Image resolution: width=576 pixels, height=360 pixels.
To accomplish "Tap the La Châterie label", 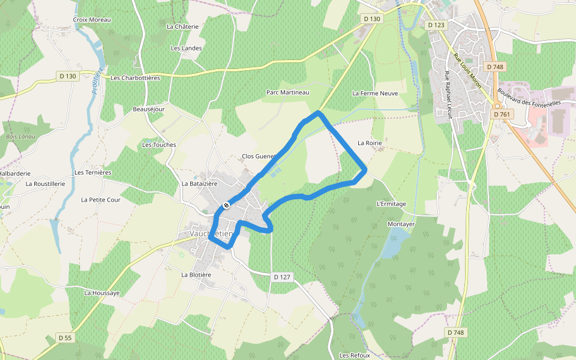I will click(182, 26).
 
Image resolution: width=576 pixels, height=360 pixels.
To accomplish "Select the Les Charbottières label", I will click(135, 77).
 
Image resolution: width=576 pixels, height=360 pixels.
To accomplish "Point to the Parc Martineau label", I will click(287, 92).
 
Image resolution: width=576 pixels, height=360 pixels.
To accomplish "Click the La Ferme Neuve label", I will click(375, 93).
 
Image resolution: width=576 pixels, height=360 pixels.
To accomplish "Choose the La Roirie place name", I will click(370, 143).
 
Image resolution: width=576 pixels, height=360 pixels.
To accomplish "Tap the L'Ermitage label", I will click(391, 204).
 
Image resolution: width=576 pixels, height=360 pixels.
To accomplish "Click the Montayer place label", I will click(401, 224).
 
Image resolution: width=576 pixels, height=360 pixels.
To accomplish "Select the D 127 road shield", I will click(281, 277).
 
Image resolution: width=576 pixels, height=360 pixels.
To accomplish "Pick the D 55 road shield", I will click(65, 338).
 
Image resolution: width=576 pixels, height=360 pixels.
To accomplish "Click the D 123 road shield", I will click(437, 25).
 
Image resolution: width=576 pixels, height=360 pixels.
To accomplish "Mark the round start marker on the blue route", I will click(226, 205).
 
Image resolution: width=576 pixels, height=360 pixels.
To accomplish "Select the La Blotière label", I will click(196, 274).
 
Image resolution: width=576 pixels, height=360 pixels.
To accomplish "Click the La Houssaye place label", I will click(102, 293).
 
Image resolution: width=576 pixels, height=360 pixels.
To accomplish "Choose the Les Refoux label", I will click(355, 355).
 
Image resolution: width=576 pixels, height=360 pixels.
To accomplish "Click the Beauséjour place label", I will click(148, 109).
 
